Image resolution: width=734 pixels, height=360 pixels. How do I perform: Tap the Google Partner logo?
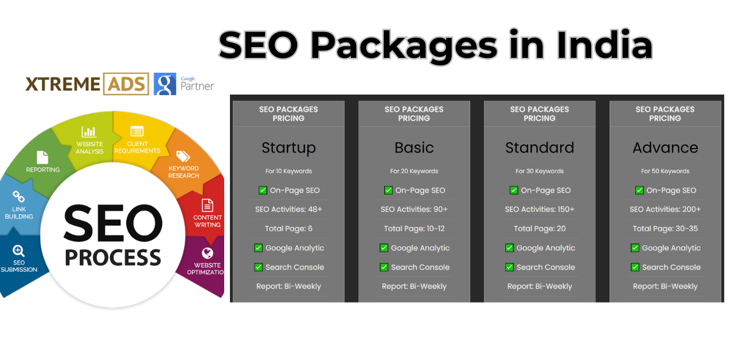pyautogui.click(x=183, y=84)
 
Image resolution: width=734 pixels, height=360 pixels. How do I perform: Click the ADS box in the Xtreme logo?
pyautogui.click(x=126, y=84)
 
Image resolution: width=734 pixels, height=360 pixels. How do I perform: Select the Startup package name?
pyautogui.click(x=288, y=147)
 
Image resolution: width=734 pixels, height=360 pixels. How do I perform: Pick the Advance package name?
pyautogui.click(x=665, y=147)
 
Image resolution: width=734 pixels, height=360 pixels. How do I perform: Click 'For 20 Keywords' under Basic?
pyautogui.click(x=414, y=171)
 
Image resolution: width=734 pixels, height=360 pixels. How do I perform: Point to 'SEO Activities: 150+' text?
pyautogui.click(x=540, y=209)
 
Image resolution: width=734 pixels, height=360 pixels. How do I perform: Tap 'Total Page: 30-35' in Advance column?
pyautogui.click(x=665, y=228)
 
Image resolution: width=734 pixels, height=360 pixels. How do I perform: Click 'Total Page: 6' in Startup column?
pyautogui.click(x=288, y=228)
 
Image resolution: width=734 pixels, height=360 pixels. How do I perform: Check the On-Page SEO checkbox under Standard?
pyautogui.click(x=514, y=190)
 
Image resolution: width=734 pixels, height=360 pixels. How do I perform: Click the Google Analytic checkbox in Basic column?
pyautogui.click(x=384, y=248)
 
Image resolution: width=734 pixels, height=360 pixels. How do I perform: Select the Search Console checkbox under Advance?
pyautogui.click(x=635, y=267)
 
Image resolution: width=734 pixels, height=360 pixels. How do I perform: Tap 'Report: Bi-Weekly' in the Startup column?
pyautogui.click(x=288, y=286)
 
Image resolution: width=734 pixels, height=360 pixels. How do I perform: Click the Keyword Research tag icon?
pyautogui.click(x=183, y=156)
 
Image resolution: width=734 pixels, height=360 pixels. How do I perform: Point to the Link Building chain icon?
pyautogui.click(x=19, y=197)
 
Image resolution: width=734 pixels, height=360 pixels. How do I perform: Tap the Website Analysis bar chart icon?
pyautogui.click(x=89, y=131)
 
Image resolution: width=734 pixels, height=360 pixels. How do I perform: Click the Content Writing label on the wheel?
pyautogui.click(x=208, y=221)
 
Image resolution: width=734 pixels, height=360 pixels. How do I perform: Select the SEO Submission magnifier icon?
pyautogui.click(x=19, y=251)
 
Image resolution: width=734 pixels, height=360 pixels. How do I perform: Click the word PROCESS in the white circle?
pyautogui.click(x=113, y=257)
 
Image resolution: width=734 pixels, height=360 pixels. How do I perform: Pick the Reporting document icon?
pyautogui.click(x=42, y=157)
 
